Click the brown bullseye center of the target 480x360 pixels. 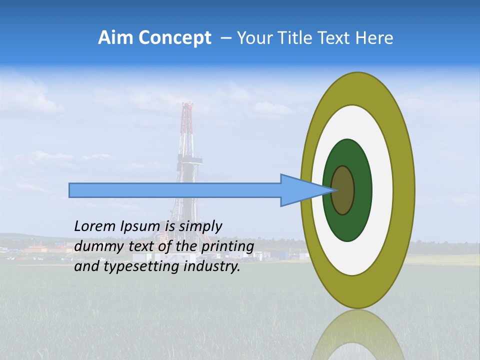pyautogui.click(x=343, y=190)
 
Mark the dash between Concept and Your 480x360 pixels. pyautogui.click(x=225, y=38)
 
